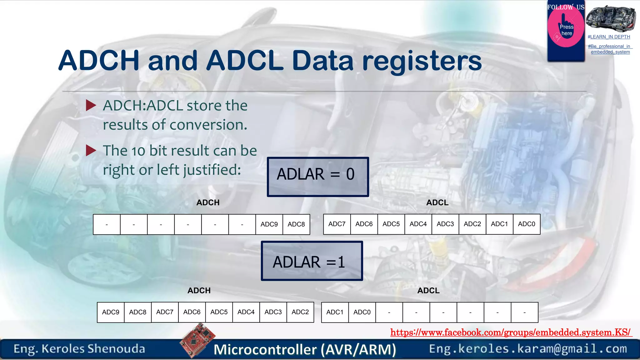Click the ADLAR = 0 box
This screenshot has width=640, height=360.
318,177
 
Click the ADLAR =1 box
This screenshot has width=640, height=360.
312,261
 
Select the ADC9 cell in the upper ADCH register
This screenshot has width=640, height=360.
269,224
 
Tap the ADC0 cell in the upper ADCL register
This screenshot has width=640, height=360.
527,224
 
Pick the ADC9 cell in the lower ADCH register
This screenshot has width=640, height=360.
111,312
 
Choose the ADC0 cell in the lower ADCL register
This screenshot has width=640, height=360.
362,312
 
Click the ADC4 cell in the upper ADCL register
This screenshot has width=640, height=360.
418,224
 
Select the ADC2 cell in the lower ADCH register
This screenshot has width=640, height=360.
300,312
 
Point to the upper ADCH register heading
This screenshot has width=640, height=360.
208,202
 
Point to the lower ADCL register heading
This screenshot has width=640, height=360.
428,291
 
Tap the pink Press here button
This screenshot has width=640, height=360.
566,30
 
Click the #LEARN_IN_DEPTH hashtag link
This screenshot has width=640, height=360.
609,37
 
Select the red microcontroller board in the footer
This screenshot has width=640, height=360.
197,340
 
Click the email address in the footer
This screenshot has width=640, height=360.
528,349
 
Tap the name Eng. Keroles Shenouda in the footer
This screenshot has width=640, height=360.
79,349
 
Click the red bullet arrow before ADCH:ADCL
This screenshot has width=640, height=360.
91,106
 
